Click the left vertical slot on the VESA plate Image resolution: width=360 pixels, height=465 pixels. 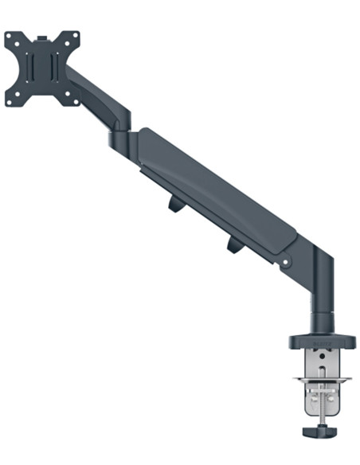(33, 68)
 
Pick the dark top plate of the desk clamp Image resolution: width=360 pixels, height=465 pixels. (319, 343)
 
